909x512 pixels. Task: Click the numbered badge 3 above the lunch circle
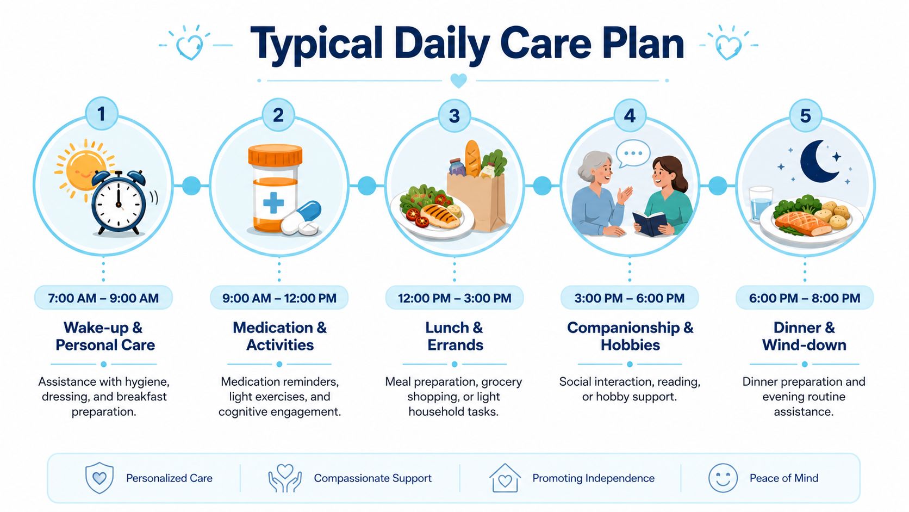(454, 116)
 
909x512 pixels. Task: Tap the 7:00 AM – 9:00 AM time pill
(103, 298)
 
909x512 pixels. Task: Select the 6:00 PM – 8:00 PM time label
(804, 298)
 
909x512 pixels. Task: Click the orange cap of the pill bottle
(275, 155)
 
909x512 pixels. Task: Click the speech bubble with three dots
(633, 153)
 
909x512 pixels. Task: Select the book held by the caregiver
(650, 223)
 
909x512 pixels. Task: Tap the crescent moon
(818, 161)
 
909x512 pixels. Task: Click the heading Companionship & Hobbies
(630, 336)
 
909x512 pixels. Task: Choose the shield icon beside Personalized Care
(99, 478)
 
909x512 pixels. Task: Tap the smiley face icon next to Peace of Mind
(723, 478)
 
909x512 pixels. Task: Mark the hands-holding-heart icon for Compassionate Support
(285, 478)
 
